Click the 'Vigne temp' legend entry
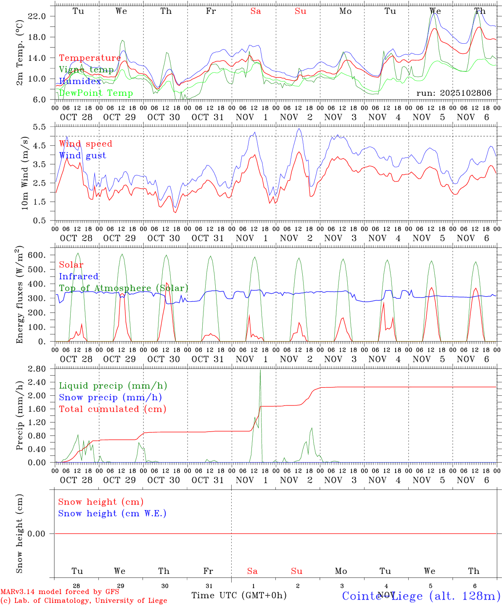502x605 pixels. [x=86, y=70]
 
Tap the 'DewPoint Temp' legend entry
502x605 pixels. [x=96, y=93]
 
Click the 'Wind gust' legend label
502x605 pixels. [x=82, y=155]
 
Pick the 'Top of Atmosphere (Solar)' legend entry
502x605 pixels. [x=124, y=288]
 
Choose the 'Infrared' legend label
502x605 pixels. [x=79, y=276]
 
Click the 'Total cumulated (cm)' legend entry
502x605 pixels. [x=112, y=409]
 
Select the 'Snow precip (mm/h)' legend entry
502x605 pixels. [x=110, y=397]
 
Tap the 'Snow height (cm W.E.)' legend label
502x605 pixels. [x=112, y=513]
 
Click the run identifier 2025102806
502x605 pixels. [x=454, y=93]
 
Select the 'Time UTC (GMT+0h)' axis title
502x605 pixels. [x=239, y=595]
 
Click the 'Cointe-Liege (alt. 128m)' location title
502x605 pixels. [x=421, y=596]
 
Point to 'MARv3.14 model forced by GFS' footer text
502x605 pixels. [x=60, y=592]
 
